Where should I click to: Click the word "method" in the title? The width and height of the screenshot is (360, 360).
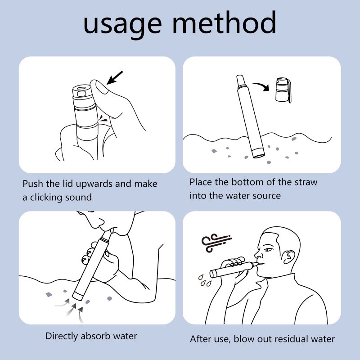tap(224, 22)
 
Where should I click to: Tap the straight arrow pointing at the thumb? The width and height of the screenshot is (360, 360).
tap(115, 77)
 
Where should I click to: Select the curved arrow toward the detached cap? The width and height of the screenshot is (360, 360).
tap(261, 86)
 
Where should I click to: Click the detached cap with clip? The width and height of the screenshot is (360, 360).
tap(283, 90)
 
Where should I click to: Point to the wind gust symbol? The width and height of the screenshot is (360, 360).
tap(216, 243)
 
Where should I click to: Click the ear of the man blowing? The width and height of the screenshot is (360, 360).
tap(289, 257)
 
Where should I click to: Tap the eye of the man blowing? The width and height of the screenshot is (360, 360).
tap(268, 249)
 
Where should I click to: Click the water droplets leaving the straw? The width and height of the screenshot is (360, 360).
tap(204, 280)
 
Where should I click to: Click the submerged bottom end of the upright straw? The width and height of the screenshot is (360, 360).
tap(258, 153)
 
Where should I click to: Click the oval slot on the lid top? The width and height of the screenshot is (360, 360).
tap(81, 88)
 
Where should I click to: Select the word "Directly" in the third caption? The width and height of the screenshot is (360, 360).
tap(62, 336)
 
